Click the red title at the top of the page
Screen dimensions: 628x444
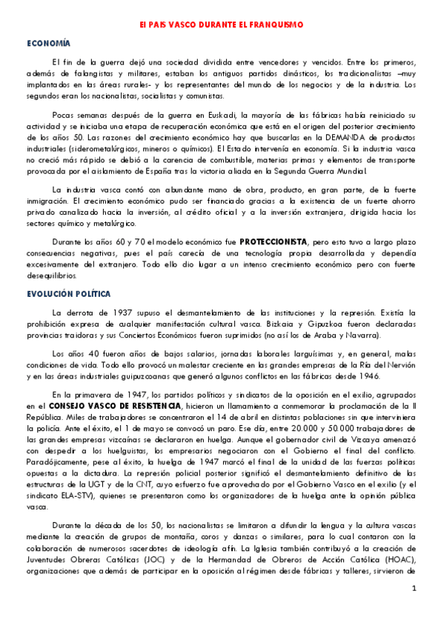coord(222,24)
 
